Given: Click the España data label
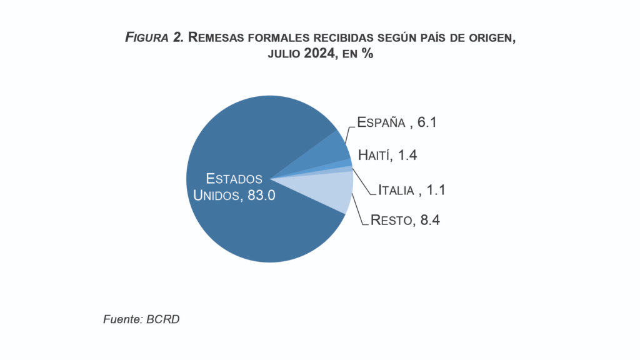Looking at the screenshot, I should pyautogui.click(x=382, y=122).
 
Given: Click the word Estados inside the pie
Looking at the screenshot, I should pyautogui.click(x=234, y=178).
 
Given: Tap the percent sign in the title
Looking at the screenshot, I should pyautogui.click(x=367, y=54).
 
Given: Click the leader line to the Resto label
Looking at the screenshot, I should pyautogui.click(x=359, y=209).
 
